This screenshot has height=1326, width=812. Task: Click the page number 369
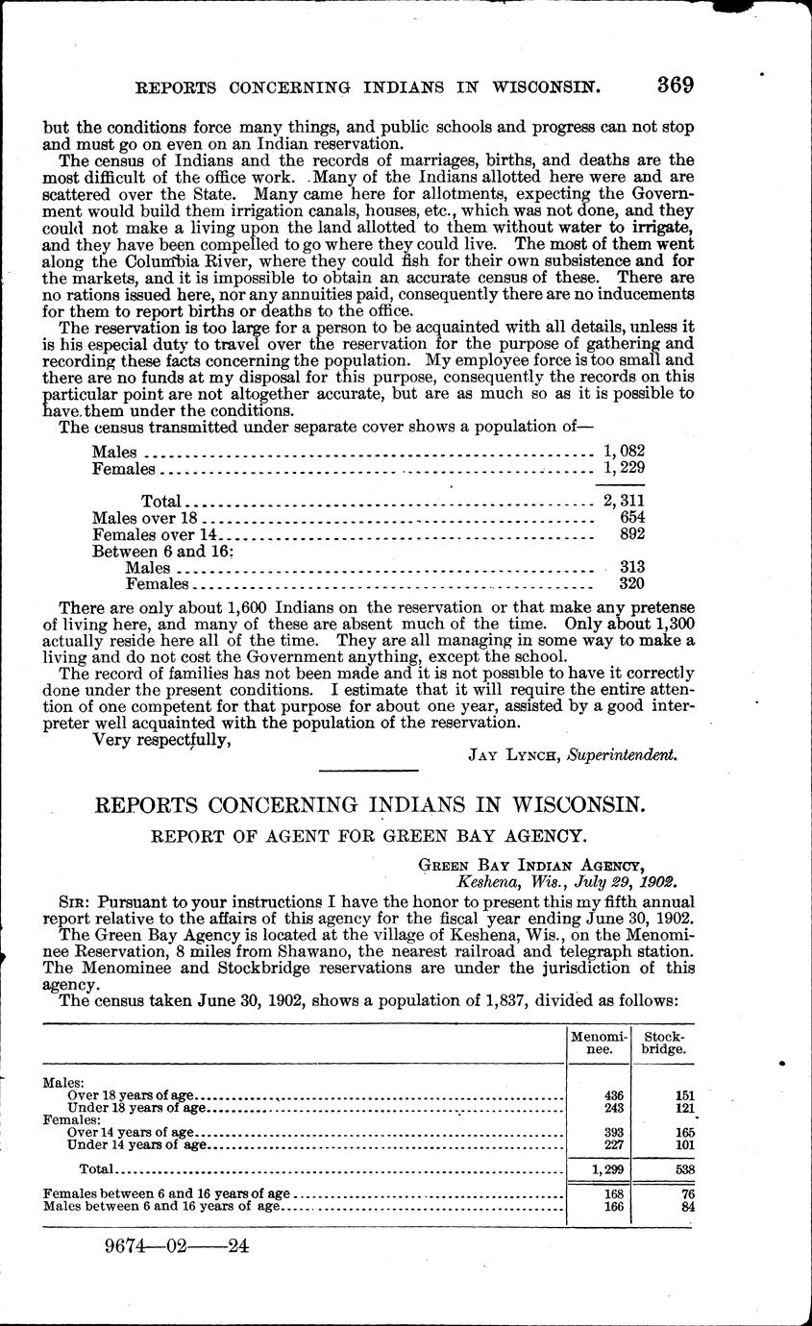[x=676, y=85]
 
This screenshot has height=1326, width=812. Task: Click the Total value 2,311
[x=623, y=500]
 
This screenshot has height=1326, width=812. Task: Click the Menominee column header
[x=598, y=1043]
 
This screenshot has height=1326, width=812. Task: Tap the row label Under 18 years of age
[x=137, y=1107]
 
